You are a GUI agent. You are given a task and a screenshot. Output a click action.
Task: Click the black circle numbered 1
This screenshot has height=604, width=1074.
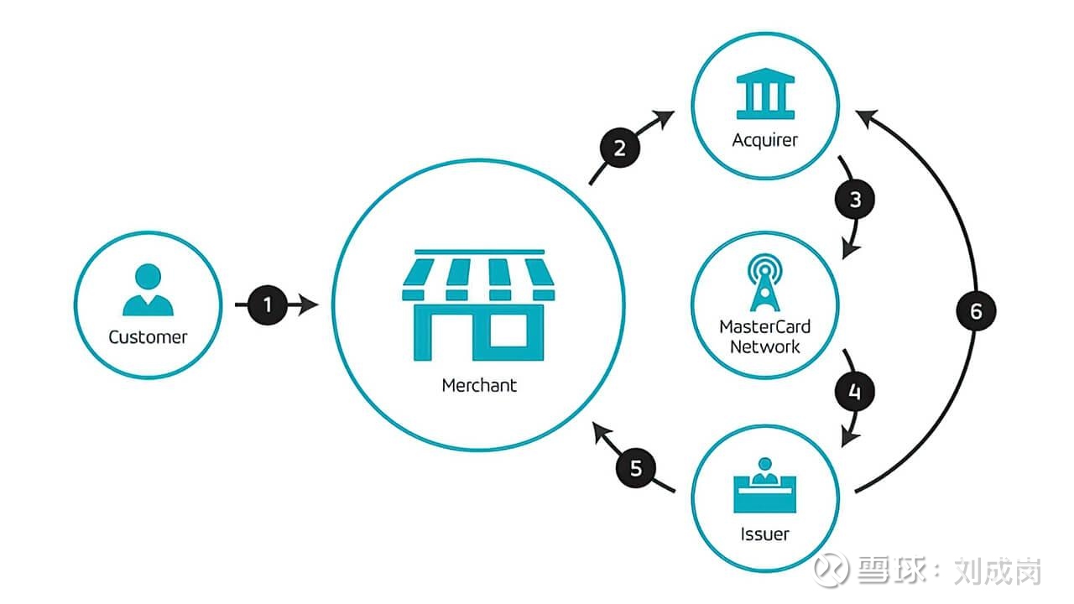pyautogui.click(x=268, y=305)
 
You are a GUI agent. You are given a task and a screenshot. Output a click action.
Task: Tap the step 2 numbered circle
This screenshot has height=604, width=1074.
pyautogui.click(x=619, y=148)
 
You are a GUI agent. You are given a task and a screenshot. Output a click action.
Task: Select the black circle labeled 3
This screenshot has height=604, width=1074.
pyautogui.click(x=855, y=200)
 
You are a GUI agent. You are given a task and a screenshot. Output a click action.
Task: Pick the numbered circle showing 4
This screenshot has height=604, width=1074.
pyautogui.click(x=855, y=391)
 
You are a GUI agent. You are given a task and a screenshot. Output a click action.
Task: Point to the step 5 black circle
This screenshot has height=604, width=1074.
pyautogui.click(x=636, y=467)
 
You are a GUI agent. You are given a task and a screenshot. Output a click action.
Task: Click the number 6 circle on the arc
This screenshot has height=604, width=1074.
pyautogui.click(x=976, y=311)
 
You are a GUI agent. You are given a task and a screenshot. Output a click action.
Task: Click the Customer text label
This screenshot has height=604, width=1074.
pyautogui.click(x=148, y=337)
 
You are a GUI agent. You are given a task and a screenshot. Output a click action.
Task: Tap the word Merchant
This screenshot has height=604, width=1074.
pyautogui.click(x=479, y=386)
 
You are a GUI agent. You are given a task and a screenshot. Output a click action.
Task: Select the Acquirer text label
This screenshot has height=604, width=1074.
pyautogui.click(x=764, y=139)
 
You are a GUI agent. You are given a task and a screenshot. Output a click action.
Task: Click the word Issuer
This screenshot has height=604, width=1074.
pyautogui.click(x=764, y=534)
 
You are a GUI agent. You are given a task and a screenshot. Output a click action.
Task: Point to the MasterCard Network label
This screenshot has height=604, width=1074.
pyautogui.click(x=764, y=336)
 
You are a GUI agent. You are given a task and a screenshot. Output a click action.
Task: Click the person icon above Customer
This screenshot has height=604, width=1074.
pyautogui.click(x=148, y=290)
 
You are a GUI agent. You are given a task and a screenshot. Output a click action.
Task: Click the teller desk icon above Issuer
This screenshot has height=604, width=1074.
pyautogui.click(x=764, y=487)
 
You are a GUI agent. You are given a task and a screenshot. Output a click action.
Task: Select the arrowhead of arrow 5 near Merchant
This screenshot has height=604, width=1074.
pyautogui.click(x=601, y=432)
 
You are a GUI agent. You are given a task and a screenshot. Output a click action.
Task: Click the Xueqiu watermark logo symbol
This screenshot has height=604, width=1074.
pyautogui.click(x=833, y=570)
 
